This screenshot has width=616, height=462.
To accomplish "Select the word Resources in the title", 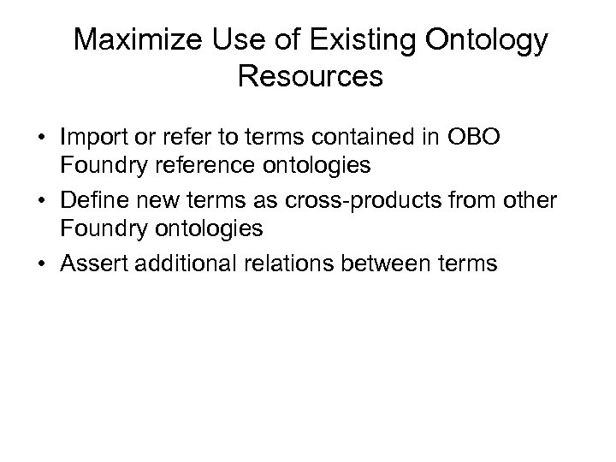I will (x=310, y=77).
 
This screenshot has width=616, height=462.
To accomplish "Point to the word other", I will (x=527, y=199).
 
